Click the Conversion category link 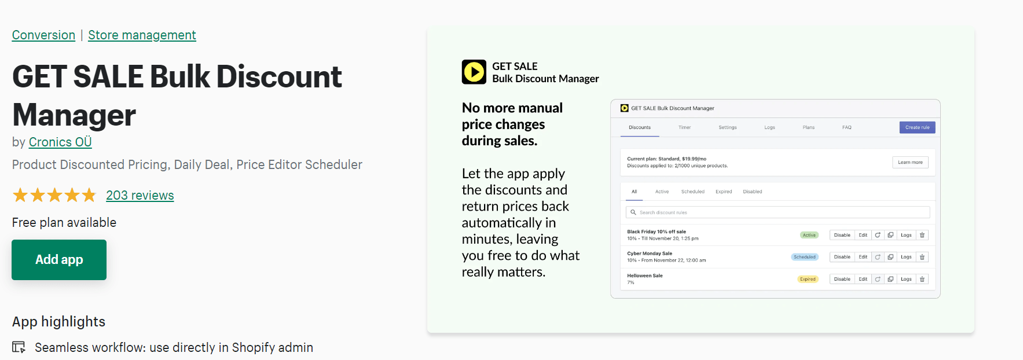43,35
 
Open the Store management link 142,35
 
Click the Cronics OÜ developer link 60,142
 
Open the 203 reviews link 140,195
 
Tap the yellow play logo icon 474,72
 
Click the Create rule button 917,127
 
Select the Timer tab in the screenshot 684,127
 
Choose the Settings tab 728,127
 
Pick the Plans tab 809,127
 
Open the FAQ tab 847,127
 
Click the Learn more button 910,163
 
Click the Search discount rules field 778,212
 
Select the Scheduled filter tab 693,192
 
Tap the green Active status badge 809,235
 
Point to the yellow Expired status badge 808,279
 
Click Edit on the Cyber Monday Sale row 863,257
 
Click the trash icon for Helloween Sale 922,279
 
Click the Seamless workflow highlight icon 19,347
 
